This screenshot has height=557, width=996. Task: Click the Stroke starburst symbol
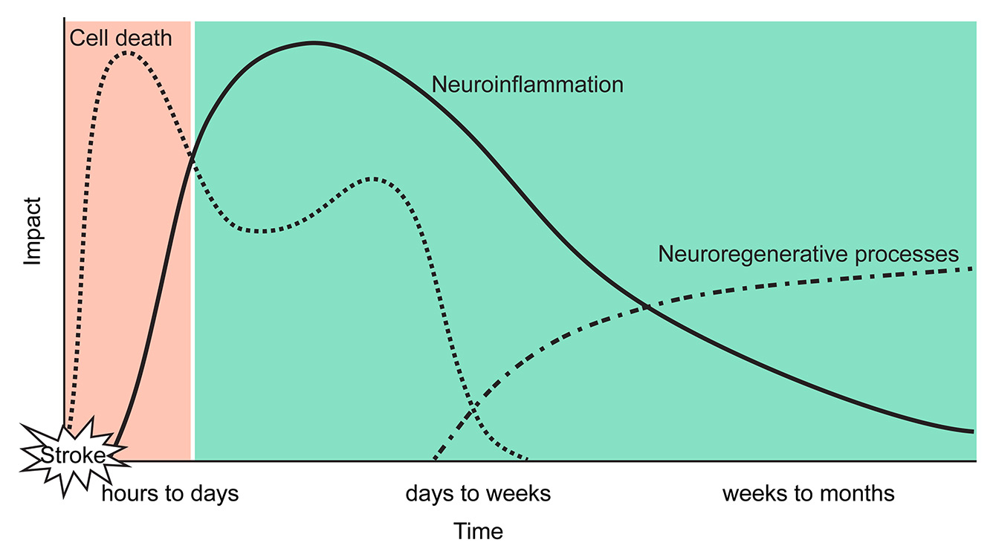click(72, 455)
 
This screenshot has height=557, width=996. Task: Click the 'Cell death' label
click(120, 37)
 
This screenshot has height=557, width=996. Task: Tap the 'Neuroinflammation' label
click(527, 85)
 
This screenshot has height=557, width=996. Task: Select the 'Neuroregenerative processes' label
click(808, 255)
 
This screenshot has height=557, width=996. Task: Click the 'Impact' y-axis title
click(33, 232)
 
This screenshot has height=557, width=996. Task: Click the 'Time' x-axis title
click(478, 532)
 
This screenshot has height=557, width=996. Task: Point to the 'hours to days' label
click(170, 494)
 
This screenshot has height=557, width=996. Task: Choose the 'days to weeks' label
click(478, 494)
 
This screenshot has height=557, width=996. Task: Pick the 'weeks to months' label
click(808, 494)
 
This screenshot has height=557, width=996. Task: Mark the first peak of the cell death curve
click(128, 53)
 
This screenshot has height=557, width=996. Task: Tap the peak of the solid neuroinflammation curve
click(314, 43)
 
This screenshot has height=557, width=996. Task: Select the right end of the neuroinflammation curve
click(972, 431)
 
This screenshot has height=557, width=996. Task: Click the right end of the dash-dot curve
click(972, 268)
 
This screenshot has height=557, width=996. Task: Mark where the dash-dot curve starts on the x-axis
click(435, 459)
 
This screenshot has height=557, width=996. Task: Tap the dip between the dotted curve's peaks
click(260, 231)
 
